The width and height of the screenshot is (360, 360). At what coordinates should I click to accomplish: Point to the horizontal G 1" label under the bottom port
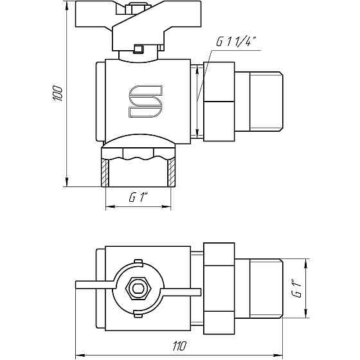coord(138,198)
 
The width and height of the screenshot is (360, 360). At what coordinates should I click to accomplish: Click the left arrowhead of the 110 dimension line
coord(79,355)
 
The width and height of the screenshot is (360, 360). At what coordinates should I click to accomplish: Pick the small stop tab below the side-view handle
coord(138,48)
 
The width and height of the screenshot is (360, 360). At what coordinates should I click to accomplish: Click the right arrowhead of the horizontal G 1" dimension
coord(168,206)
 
